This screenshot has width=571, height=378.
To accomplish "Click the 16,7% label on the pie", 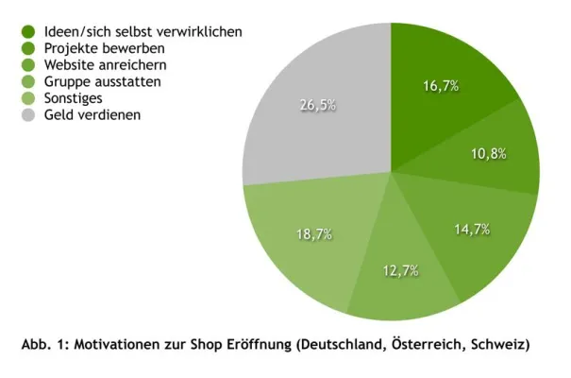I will coord(441,86).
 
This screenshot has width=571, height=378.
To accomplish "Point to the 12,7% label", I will coord(400,271).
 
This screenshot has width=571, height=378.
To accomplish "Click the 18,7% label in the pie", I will coord(314,234).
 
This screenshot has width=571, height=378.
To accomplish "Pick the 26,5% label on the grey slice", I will coord(318,105).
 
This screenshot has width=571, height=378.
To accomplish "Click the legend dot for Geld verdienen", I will coord(29,115).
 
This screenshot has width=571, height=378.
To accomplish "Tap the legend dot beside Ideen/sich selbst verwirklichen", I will coord(29,31).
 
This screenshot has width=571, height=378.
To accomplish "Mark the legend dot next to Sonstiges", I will coord(29,99).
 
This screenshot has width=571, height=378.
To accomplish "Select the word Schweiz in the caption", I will coord(499,345).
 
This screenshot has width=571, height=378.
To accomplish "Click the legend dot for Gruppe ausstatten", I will coord(29,82).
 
